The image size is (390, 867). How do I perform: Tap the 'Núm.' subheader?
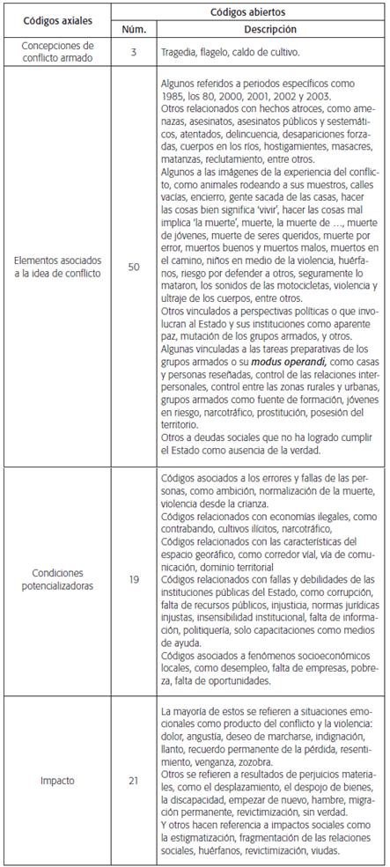pos(133,30)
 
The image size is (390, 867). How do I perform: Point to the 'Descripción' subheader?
pos(271,30)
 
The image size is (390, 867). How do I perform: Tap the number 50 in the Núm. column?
pos(133,266)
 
